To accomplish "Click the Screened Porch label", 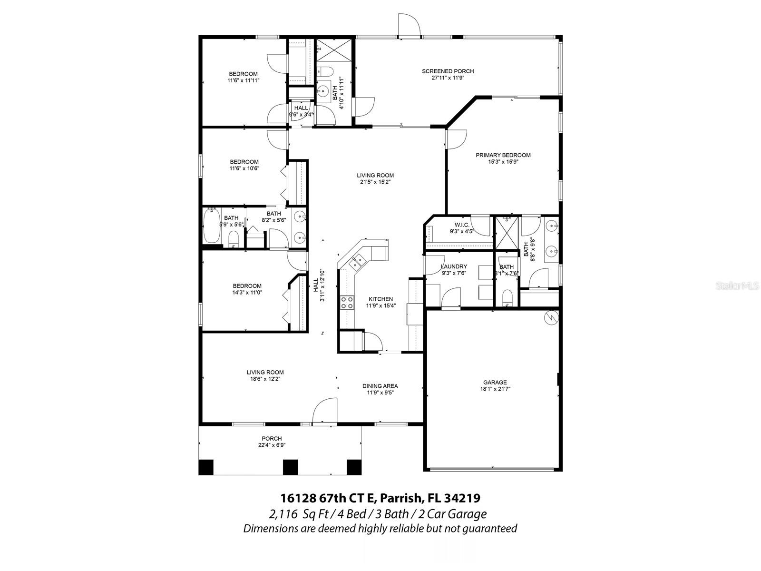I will click(448, 71).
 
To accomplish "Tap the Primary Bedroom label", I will click(503, 155).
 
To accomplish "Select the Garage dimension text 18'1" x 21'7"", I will click(495, 389).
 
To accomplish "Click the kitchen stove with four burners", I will click(347, 303).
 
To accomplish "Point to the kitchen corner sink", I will click(357, 261).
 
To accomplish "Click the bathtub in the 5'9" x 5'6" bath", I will click(211, 226).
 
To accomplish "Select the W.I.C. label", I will click(462, 225).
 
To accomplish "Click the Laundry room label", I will click(454, 266).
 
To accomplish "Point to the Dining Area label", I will click(380, 386).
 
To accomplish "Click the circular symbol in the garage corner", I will click(551, 317).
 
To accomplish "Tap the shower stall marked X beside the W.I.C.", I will click(506, 233).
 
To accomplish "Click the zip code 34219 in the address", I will click(462, 498).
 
